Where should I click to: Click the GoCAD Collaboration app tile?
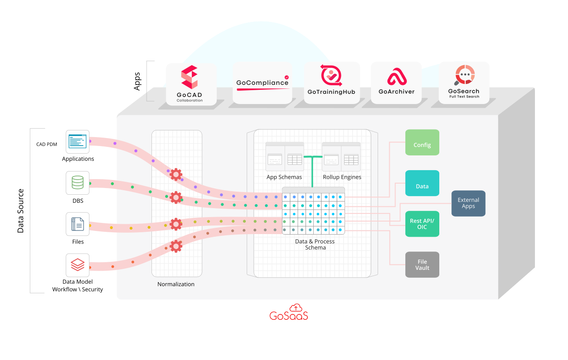tap(191, 84)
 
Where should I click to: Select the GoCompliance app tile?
tap(262, 84)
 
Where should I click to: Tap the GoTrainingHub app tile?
tap(332, 84)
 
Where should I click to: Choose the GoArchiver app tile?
tap(396, 84)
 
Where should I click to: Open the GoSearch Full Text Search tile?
tap(464, 84)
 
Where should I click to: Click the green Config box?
tap(422, 142)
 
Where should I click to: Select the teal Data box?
tap(422, 183)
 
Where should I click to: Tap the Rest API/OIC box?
tap(422, 224)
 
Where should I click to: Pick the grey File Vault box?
tap(422, 264)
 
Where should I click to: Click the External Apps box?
tap(468, 203)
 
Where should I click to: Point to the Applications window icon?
tap(78, 142)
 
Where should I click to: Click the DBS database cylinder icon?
tap(78, 183)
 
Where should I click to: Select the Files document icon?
tap(78, 224)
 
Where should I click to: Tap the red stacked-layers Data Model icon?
tap(78, 265)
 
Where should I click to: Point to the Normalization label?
tap(176, 284)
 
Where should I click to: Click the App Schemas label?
tap(284, 177)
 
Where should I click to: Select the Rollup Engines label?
tap(342, 177)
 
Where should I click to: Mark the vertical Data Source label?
tap(21, 211)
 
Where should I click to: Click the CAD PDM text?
tap(46, 144)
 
